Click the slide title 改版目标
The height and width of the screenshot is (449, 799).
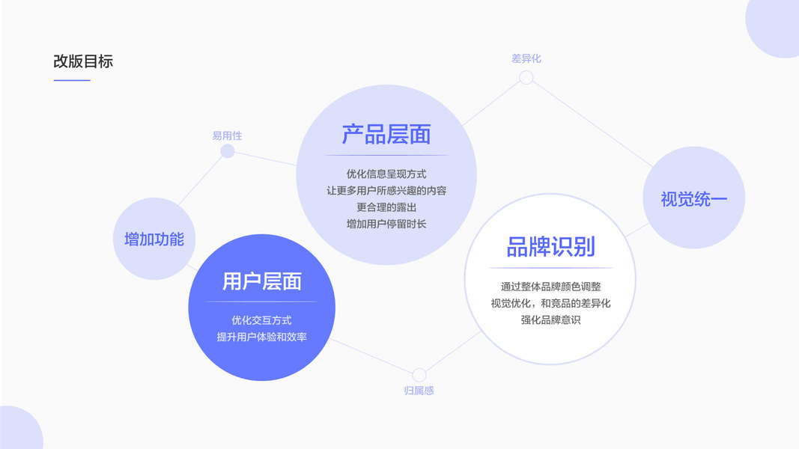tap(83, 61)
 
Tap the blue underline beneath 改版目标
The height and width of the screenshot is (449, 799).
tap(72, 80)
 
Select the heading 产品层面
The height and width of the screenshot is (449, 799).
tap(386, 135)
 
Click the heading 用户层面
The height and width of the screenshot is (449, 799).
tap(262, 281)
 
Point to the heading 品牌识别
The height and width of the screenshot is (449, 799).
tap(550, 247)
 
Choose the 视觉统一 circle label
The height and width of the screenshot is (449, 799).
tap(693, 199)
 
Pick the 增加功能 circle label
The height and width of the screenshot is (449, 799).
tap(154, 239)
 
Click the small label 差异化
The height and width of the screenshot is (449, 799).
tap(526, 58)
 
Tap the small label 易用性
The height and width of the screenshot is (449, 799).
tap(227, 135)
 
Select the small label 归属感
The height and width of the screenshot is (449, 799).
tap(419, 391)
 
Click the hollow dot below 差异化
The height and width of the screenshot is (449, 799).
tap(526, 77)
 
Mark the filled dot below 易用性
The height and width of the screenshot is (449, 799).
tap(228, 151)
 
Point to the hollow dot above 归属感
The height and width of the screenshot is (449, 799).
tap(419, 375)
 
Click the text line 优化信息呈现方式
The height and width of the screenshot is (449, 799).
tap(386, 174)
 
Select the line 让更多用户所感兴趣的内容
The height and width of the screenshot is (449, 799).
tap(386, 191)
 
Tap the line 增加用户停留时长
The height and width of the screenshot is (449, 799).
tap(386, 224)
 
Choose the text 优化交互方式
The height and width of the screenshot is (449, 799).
tap(261, 320)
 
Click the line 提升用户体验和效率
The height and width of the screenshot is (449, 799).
tap(261, 337)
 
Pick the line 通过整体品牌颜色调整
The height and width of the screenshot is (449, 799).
tap(550, 287)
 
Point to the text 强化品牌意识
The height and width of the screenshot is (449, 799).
tap(550, 320)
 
